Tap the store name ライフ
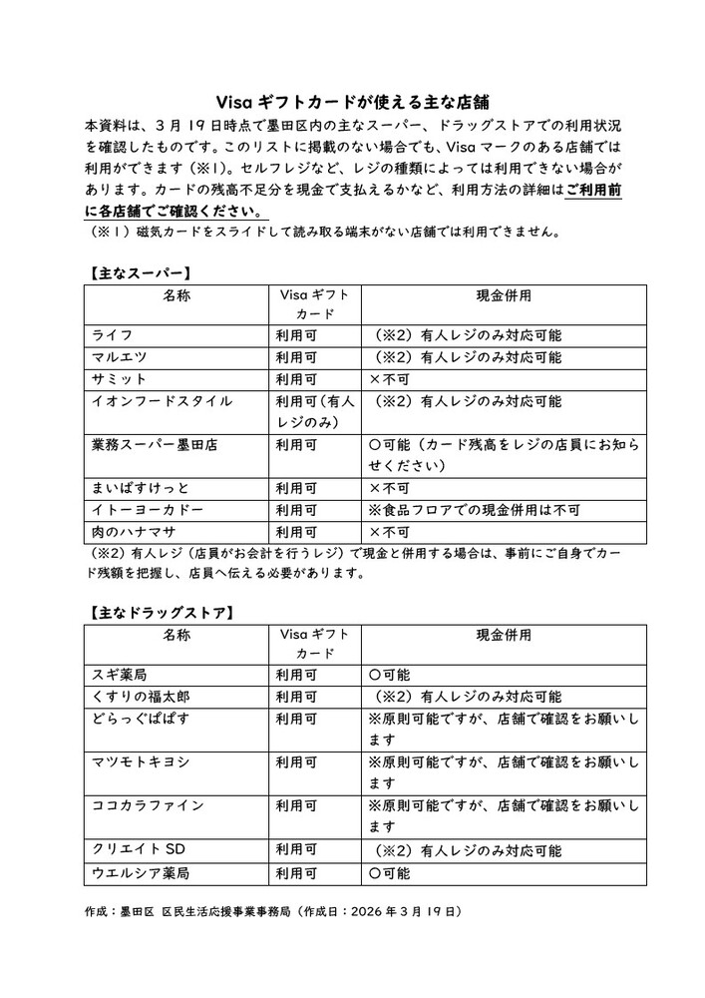[x=112, y=335]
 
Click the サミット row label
[x=119, y=379]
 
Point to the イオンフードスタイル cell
[x=162, y=401]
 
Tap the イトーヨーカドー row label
[x=148, y=510]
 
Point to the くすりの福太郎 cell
[x=140, y=697]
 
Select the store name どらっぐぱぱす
[x=140, y=719]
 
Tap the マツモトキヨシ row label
[x=140, y=762]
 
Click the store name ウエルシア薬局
[x=140, y=872]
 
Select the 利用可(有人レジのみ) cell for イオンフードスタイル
[x=314, y=412]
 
